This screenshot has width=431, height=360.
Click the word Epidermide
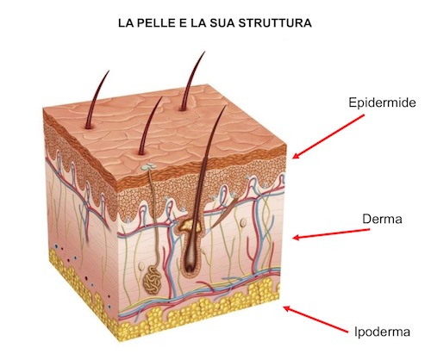[382, 102]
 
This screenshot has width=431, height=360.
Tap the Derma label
[382, 219]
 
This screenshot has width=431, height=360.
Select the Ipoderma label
[382, 332]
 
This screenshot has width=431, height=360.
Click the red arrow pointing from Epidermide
[328, 137]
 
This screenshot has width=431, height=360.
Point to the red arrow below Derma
[331, 233]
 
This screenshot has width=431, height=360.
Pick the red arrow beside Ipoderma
[315, 320]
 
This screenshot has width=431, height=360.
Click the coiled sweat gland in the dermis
[153, 280]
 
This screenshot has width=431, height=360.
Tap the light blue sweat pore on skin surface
[148, 166]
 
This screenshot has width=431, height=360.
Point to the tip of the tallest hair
[205, 52]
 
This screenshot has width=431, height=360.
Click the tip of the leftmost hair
[109, 71]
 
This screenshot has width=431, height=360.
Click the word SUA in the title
[220, 23]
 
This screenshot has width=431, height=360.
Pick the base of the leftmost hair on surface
[89, 127]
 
